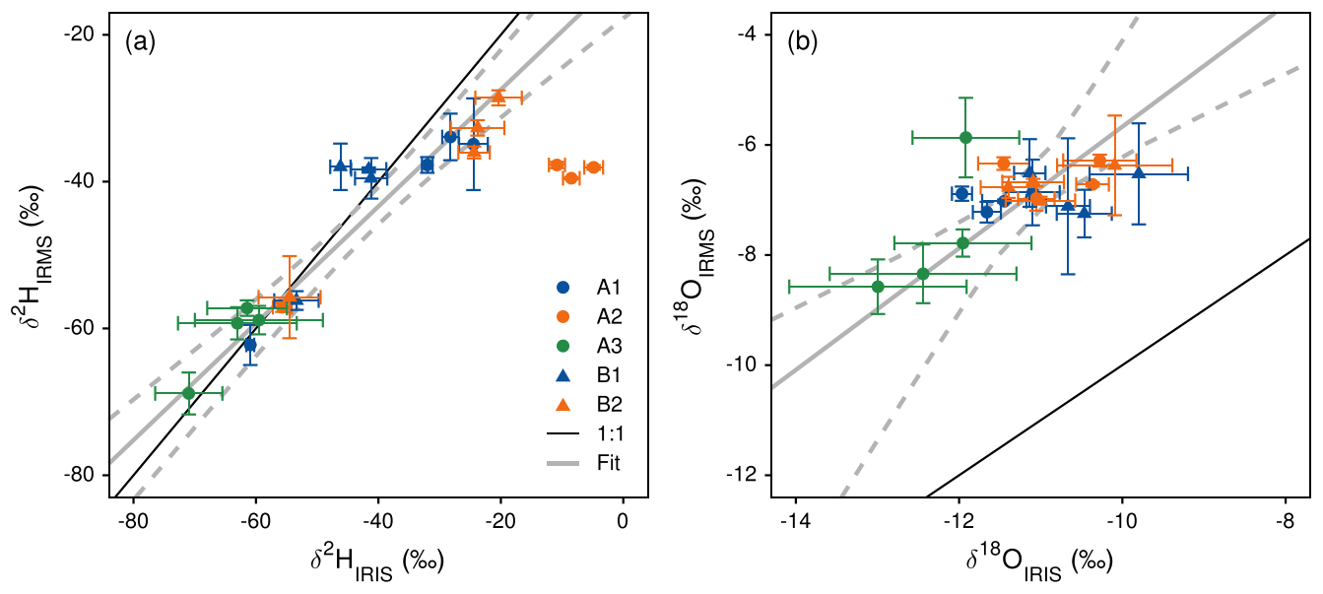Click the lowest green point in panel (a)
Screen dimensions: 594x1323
coord(189,393)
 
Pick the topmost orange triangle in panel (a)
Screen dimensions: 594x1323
coord(498,97)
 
